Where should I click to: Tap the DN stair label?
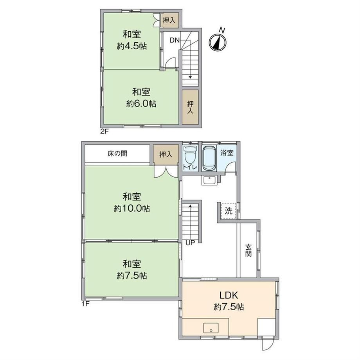pos(175,40)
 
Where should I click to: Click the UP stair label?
pos(190,243)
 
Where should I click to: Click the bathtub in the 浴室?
pos(209,158)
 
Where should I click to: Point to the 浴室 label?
pos(227,153)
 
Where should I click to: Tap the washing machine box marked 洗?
pos(229,211)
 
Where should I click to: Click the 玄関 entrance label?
pos(248,250)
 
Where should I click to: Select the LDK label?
pos(229,295)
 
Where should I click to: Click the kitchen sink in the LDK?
pos(211,328)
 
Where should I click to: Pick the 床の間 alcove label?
pos(117,153)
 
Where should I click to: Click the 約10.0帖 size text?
pos(132,209)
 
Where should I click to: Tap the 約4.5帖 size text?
pos(132,47)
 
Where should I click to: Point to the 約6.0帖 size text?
pos(141,104)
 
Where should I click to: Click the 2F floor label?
pos(104,132)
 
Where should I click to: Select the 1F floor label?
pos(85,304)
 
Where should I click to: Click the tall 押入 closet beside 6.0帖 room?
pos(190,107)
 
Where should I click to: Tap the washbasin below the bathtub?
pos(209,180)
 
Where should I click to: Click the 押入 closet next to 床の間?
pos(166,155)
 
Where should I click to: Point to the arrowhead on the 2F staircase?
pos(190,77)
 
